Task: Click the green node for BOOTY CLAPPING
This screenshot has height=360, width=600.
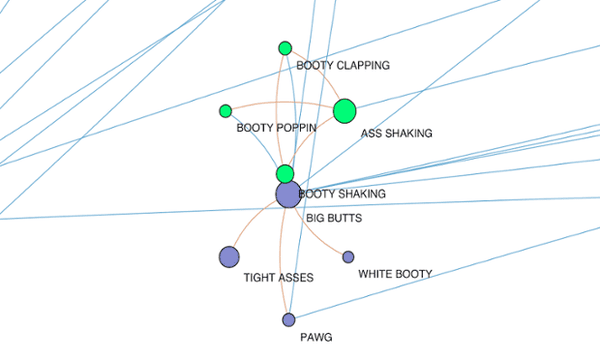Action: click(285, 48)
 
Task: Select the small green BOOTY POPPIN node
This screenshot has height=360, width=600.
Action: click(225, 110)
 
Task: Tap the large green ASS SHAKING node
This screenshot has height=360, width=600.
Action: click(344, 110)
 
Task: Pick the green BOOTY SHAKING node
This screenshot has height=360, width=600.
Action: click(285, 173)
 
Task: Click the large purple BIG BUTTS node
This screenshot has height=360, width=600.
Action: click(288, 194)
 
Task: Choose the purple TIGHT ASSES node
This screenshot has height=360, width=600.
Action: click(229, 257)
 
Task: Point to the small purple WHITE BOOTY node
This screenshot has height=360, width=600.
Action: click(348, 257)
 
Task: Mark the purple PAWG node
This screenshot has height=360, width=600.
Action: click(289, 320)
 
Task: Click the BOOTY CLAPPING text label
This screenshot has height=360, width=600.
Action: click(342, 66)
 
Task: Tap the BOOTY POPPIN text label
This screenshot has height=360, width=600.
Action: click(277, 129)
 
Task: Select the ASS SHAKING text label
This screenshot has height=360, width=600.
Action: click(396, 134)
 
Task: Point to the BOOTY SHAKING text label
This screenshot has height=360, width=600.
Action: click(343, 193)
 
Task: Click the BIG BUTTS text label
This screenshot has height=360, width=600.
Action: click(334, 217)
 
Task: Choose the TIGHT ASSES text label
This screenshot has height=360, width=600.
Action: click(279, 278)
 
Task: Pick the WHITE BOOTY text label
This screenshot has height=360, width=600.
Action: click(395, 273)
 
